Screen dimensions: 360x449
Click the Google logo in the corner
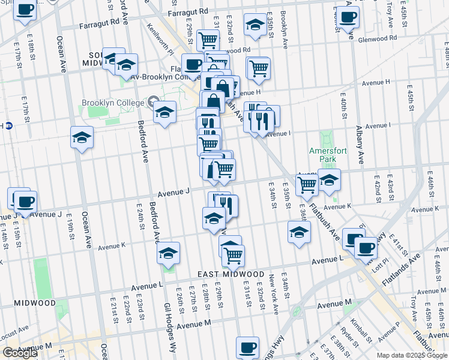pyautogui.click(x=20, y=353)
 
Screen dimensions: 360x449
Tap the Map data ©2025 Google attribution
pyautogui.click(x=412, y=355)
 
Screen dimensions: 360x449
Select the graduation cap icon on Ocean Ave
pyautogui.click(x=82, y=137)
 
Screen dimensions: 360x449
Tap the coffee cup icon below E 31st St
pyautogui.click(x=247, y=347)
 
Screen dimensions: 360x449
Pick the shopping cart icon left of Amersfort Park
pyautogui.click(x=307, y=185)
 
